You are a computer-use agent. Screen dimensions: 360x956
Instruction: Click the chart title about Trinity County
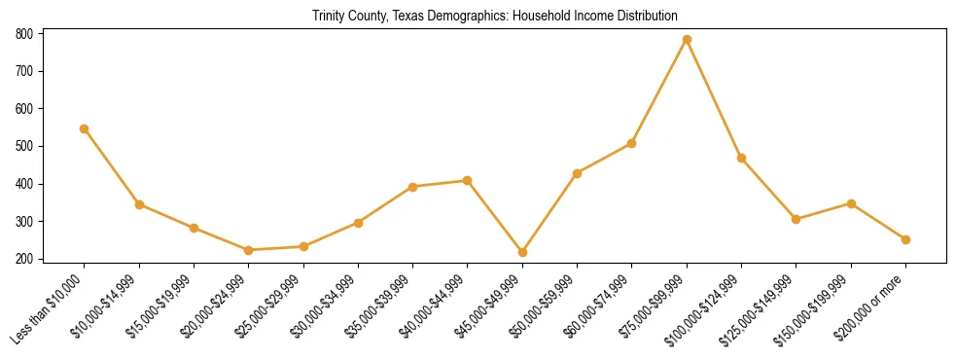click(495, 16)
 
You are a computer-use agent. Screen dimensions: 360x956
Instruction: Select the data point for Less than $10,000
click(85, 128)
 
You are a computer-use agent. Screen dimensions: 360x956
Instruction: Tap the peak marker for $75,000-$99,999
click(687, 39)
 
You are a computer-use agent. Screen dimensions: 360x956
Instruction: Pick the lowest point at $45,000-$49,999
click(522, 252)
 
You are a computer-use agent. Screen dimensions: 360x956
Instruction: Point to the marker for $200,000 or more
click(905, 239)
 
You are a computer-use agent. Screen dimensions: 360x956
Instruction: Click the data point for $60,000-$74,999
click(632, 143)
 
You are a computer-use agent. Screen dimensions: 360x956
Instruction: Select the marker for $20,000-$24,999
click(249, 250)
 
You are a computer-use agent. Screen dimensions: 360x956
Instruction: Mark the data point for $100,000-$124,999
click(741, 158)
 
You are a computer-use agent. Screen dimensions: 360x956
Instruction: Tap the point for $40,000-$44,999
click(468, 180)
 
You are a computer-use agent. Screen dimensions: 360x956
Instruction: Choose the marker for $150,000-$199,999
click(851, 203)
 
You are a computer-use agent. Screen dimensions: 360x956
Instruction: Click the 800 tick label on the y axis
click(24, 33)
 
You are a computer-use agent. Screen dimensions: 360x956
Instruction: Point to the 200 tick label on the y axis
click(24, 259)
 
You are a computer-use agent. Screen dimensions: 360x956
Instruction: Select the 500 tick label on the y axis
click(24, 146)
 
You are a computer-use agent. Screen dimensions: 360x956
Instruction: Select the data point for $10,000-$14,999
click(140, 204)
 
